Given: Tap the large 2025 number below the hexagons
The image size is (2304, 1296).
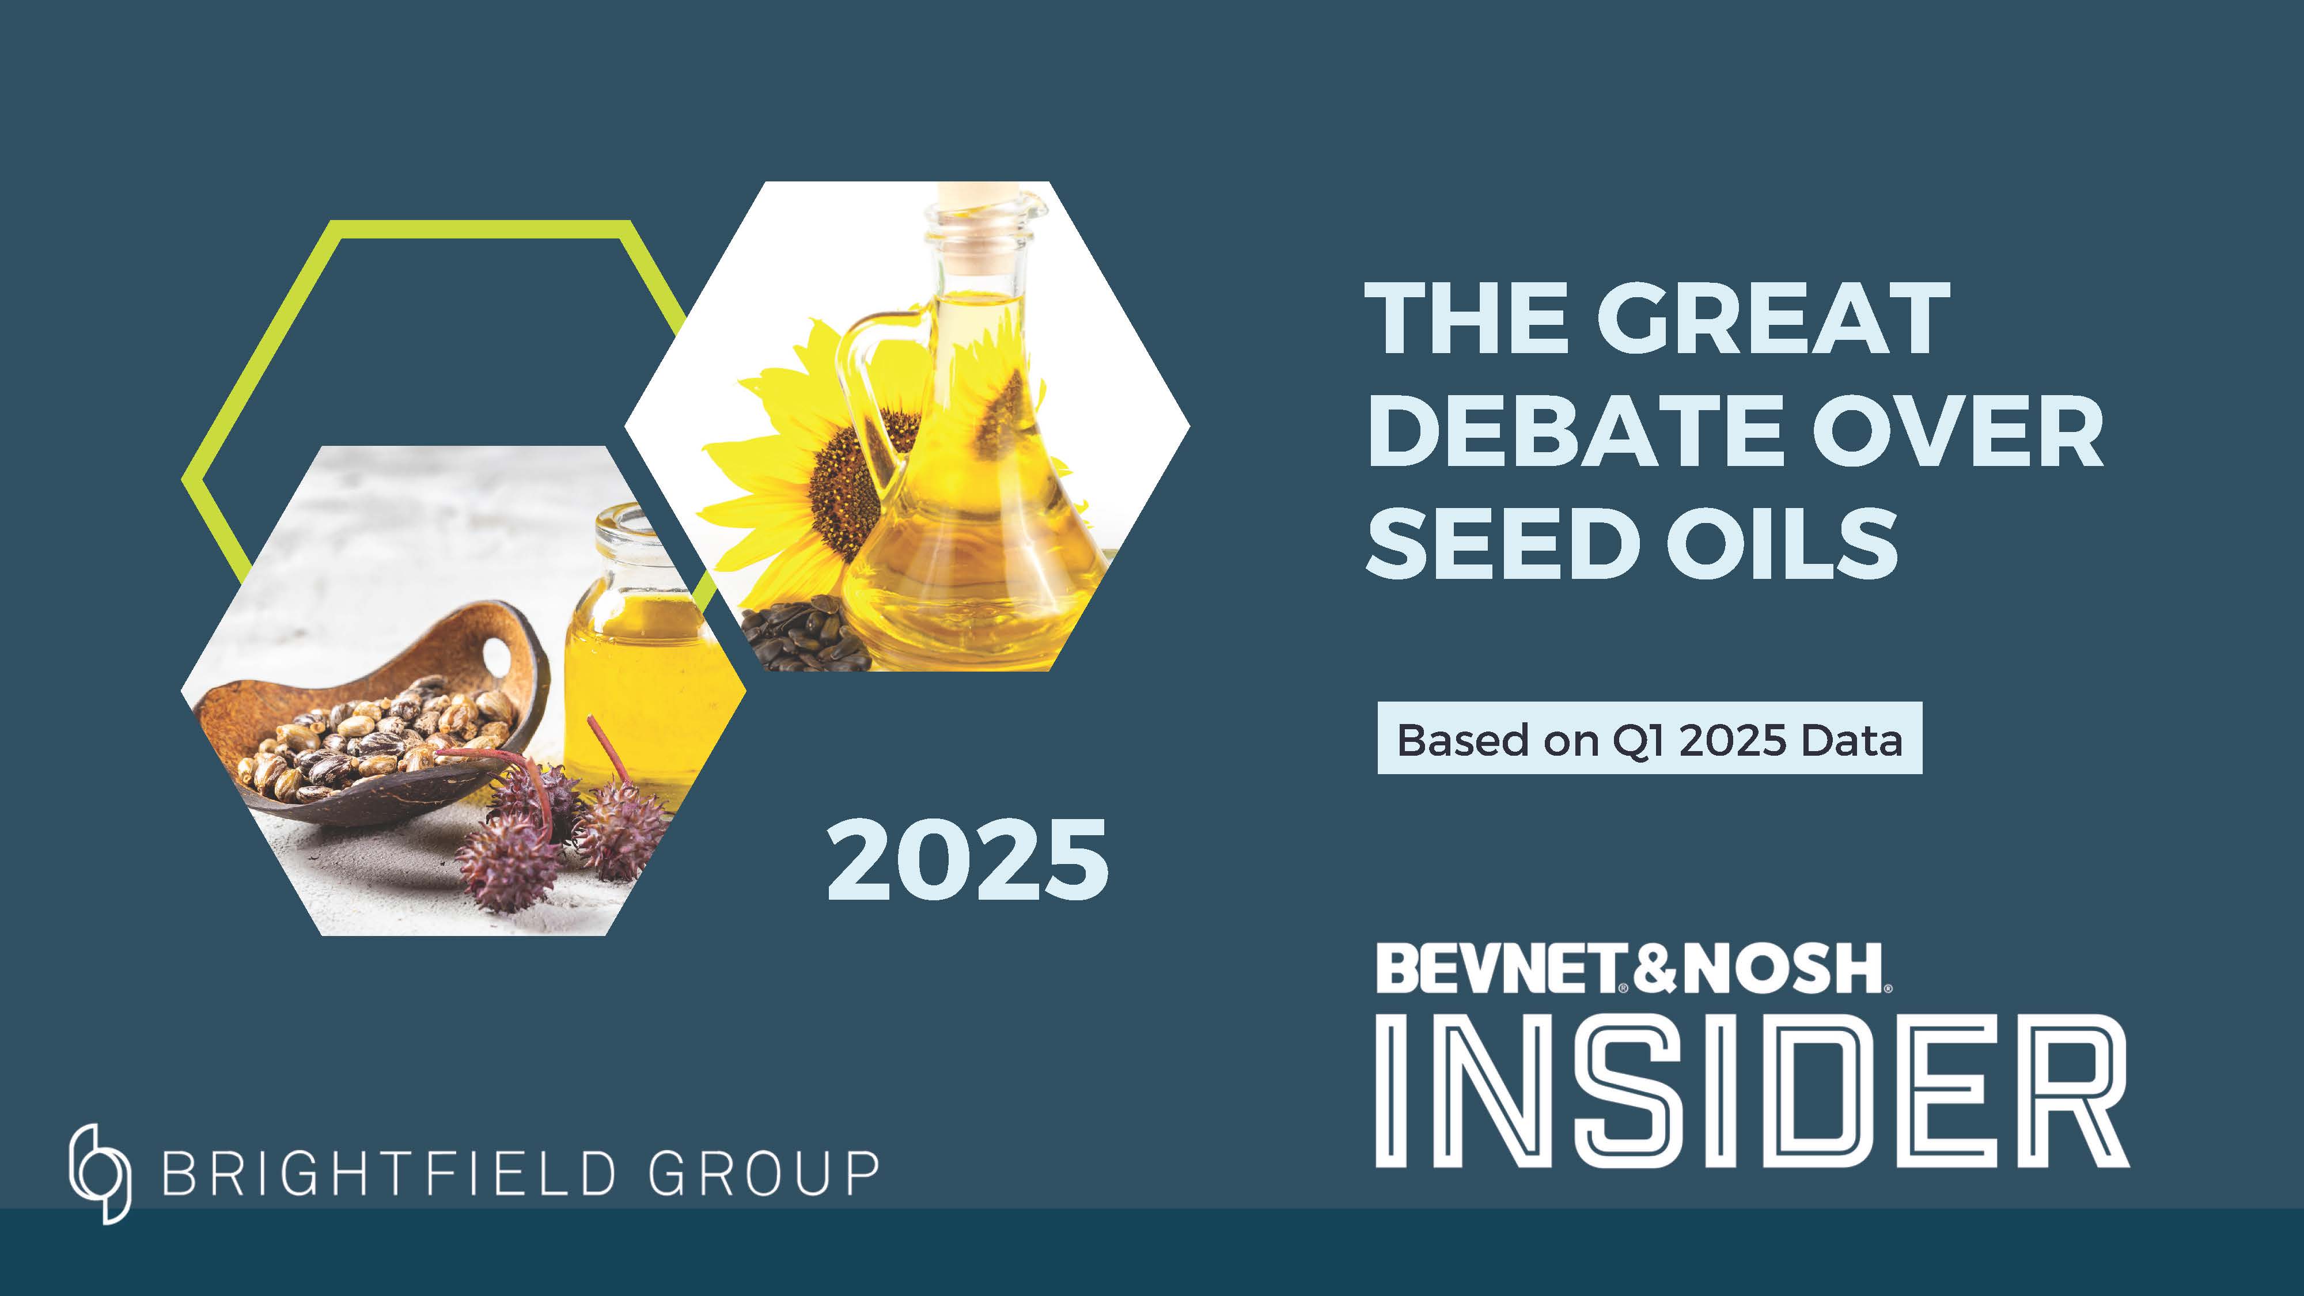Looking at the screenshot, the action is coord(967,861).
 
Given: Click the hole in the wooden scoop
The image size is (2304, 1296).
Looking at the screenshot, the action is coord(497,655).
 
